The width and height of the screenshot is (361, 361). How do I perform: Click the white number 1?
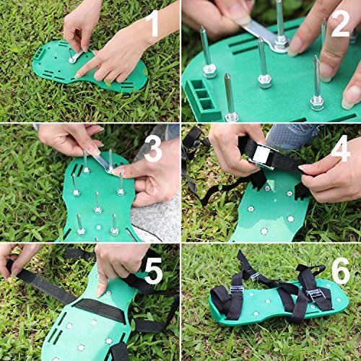pos(153,23)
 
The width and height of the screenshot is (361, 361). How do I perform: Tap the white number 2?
pos(340,24)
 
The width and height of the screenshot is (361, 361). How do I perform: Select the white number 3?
pos(153,149)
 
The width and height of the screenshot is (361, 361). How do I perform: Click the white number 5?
pos(153,271)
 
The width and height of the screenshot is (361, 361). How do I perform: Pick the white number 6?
pos(341,271)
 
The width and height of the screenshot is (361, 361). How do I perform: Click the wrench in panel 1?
pos(77,56)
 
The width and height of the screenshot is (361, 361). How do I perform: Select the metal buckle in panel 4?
pos(263,156)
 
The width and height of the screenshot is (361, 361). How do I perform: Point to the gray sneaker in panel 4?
pos(292,136)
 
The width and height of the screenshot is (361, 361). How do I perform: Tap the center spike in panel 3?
pos(97,203)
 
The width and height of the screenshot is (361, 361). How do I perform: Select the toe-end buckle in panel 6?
pos(237,290)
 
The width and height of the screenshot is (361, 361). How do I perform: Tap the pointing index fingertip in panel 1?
pos(78,76)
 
